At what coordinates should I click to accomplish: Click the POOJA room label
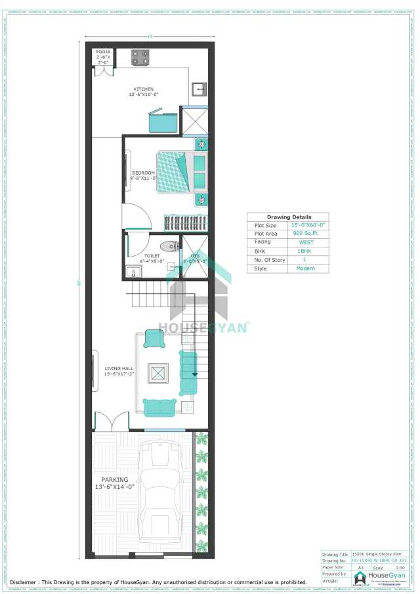coord(103,51)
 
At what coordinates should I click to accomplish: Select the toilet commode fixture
coord(169,247)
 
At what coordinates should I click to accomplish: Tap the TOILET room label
coord(152,257)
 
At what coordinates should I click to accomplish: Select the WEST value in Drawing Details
coord(305,242)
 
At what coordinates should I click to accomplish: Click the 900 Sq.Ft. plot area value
coord(305,234)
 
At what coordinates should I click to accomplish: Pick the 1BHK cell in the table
coord(305,251)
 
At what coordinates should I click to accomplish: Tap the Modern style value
coord(305,268)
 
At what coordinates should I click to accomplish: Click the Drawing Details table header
coord(289,217)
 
